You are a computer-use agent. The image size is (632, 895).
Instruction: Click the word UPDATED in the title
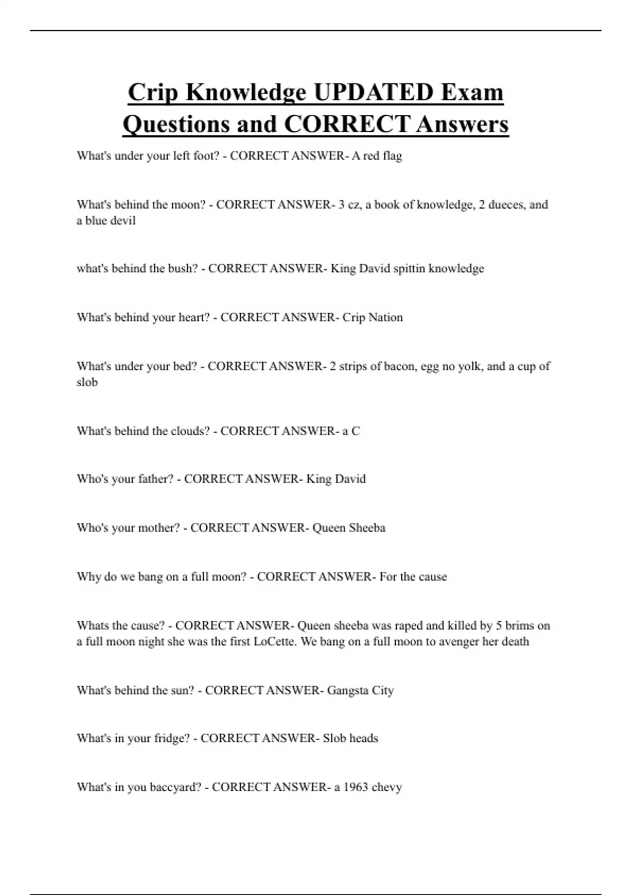373,92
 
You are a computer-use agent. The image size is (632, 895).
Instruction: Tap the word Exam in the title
472,92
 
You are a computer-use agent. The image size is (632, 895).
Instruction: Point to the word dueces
506,204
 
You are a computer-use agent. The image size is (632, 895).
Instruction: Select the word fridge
171,739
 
